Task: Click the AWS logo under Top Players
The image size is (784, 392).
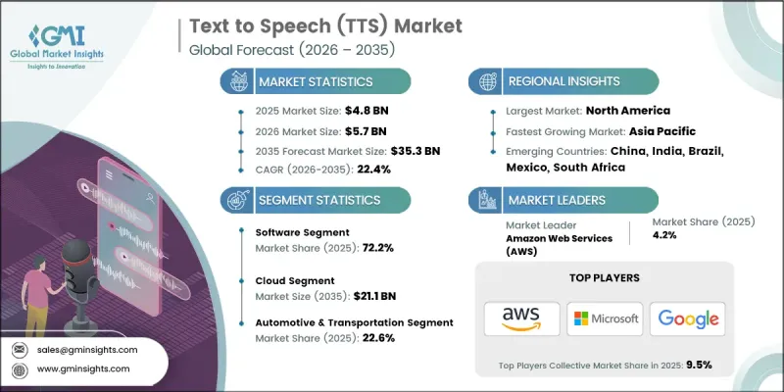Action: tap(521, 318)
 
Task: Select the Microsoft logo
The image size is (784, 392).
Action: tap(605, 318)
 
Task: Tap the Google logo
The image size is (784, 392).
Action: tap(687, 318)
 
